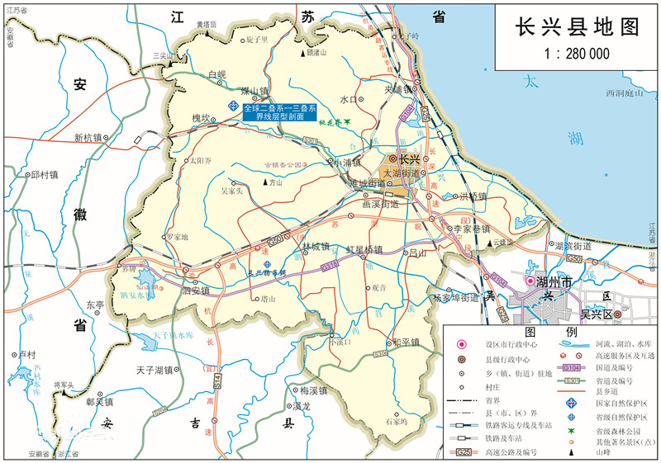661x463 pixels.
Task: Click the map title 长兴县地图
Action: click(578, 26)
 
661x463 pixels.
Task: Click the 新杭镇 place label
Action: click(88, 138)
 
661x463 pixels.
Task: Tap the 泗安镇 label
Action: click(197, 291)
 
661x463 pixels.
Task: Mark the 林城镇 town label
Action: click(316, 247)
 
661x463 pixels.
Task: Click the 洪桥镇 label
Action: click(473, 196)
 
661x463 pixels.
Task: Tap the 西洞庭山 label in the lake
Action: click(625, 93)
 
